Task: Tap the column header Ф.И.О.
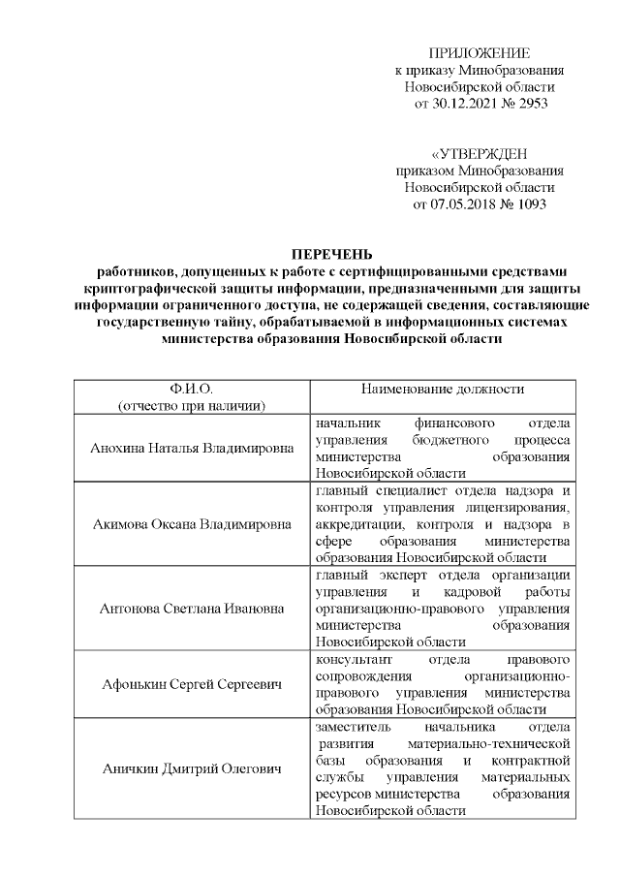(x=191, y=389)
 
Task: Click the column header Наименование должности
(x=443, y=389)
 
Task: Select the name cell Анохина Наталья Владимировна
(x=191, y=449)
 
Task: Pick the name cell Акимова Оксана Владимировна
(x=191, y=526)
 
